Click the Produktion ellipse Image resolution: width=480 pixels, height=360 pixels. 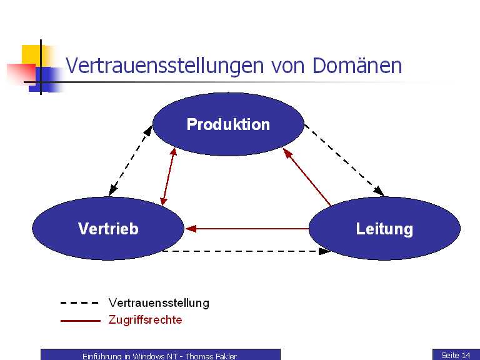228,124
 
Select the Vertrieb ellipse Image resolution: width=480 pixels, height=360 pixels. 108,229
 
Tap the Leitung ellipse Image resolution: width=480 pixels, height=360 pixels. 384,229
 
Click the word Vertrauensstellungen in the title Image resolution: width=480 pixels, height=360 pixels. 166,66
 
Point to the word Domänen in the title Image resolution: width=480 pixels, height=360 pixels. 357,66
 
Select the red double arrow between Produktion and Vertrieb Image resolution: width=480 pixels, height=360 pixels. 168,176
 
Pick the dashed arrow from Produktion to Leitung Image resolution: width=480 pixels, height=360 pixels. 344,159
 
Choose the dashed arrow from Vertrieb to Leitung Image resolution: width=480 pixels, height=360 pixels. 246,251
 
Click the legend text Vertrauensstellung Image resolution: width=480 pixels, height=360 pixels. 159,303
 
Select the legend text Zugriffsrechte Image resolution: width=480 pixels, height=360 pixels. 146,320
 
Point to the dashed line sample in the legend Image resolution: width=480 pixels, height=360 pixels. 79,303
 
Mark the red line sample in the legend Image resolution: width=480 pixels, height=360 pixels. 79,320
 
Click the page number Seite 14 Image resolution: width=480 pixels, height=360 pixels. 456,355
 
